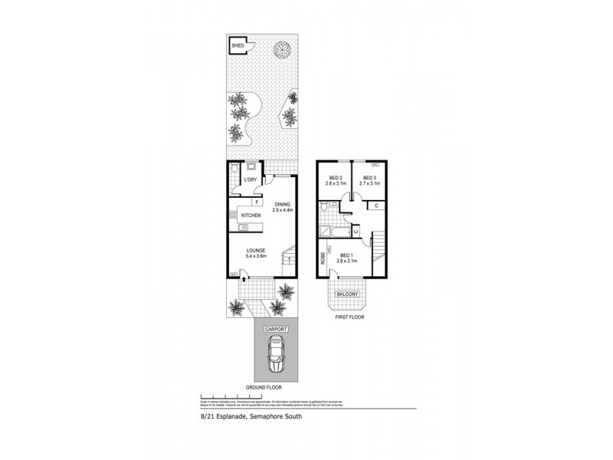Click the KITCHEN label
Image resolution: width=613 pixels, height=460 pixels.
(251, 215)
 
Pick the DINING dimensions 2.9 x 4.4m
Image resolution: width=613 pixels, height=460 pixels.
(284, 209)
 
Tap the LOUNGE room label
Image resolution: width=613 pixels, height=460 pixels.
(256, 251)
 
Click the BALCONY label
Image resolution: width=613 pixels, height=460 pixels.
(346, 293)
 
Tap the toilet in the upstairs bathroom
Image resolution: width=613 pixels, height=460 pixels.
(326, 207)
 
